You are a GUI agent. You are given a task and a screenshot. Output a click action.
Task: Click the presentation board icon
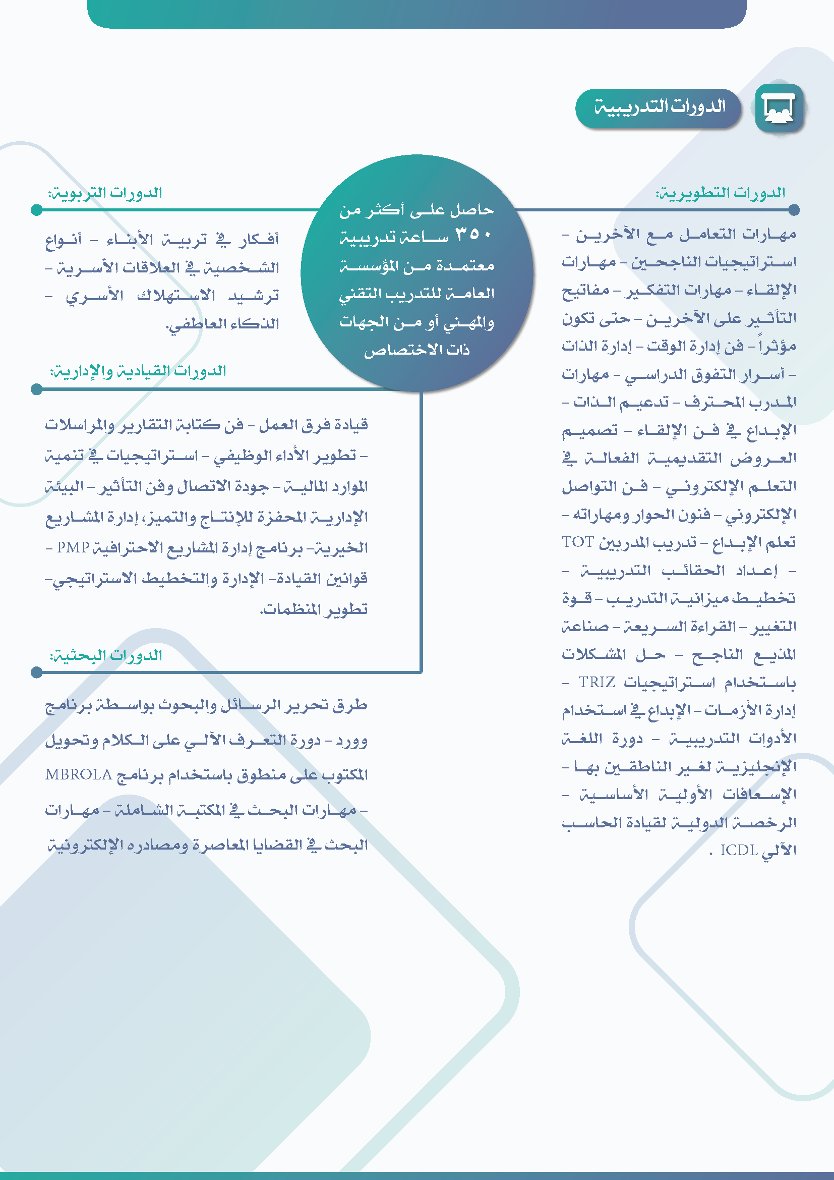click(x=779, y=108)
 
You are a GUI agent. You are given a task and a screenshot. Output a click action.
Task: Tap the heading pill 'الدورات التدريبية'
click(x=659, y=108)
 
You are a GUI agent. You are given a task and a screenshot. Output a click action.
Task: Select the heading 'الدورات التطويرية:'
click(x=720, y=193)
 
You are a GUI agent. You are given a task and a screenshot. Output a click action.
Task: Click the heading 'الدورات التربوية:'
click(x=105, y=193)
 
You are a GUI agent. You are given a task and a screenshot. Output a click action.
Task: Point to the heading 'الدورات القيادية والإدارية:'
click(x=138, y=371)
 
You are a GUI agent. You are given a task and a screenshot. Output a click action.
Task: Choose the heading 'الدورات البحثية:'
click(x=106, y=655)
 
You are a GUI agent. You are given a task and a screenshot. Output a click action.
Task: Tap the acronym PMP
click(x=73, y=547)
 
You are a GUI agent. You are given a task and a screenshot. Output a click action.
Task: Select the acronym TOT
click(x=578, y=542)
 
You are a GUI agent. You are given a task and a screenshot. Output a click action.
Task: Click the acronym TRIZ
click(x=597, y=682)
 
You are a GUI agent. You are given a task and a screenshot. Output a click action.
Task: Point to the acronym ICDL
click(x=739, y=850)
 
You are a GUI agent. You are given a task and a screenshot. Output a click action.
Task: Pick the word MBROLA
click(x=78, y=774)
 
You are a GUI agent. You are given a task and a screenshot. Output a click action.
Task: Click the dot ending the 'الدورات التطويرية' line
click(x=794, y=210)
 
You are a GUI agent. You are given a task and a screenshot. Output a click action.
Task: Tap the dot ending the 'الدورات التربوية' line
click(x=36, y=210)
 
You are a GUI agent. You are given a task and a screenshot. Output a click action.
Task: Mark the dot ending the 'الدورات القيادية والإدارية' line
click(x=36, y=389)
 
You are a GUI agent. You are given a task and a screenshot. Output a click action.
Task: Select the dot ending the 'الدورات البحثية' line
click(x=36, y=672)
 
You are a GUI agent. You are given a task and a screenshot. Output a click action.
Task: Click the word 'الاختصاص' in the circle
click(x=395, y=351)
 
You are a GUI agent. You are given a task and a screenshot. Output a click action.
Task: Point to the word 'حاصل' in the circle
click(x=472, y=210)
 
